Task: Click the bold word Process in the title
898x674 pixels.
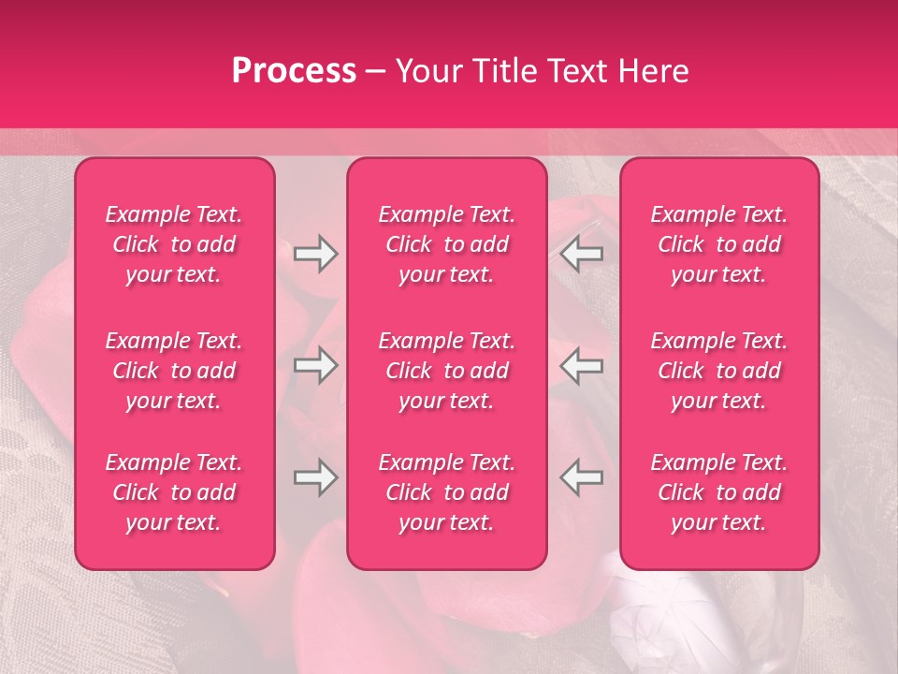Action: [x=294, y=71]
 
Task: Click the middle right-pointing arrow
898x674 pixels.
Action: [x=315, y=367]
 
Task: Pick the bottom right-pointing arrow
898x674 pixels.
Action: [x=315, y=477]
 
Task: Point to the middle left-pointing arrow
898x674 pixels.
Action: [x=582, y=367]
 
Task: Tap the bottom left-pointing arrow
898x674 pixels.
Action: [x=582, y=477]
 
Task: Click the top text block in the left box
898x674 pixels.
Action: [x=174, y=244]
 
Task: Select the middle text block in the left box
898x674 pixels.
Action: [x=174, y=371]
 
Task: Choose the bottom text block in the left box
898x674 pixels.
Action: [x=174, y=492]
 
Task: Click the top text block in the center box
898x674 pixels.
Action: [x=447, y=244]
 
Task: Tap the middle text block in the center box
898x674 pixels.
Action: [x=447, y=371]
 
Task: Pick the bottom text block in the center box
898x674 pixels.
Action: [x=447, y=492]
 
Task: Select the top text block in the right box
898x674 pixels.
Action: [x=719, y=244]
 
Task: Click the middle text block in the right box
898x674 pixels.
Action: [x=719, y=371]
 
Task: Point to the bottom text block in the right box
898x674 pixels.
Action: [x=719, y=492]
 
